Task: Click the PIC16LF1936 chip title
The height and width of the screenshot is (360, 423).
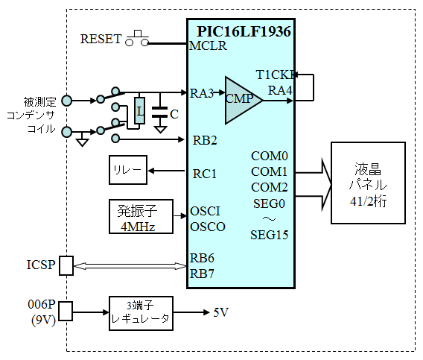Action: coord(244,31)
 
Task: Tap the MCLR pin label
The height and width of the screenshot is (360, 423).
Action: coord(208,45)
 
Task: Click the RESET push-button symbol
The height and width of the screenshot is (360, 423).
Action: coord(137,39)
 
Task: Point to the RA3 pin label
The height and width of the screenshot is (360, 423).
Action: coord(202,93)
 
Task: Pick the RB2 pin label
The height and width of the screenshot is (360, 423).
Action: coord(205,140)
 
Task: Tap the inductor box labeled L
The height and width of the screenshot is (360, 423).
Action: coord(139,111)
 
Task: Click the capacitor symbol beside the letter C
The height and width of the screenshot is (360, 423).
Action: coord(159,113)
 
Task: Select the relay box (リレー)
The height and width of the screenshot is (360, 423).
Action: coord(128,170)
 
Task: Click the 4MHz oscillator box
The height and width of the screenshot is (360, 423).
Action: coord(141,216)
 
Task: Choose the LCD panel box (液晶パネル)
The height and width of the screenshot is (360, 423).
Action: coord(368,183)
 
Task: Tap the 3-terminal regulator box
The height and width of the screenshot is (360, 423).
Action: coord(141,313)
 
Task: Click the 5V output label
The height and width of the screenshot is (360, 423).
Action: coord(220,312)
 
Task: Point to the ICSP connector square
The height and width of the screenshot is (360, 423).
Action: coord(66,266)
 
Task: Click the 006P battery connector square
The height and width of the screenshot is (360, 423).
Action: coord(66,311)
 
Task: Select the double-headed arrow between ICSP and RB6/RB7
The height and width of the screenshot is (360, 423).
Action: coord(130,266)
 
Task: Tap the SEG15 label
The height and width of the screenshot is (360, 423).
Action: coord(270,235)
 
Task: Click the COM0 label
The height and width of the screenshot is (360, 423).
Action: coord(270,156)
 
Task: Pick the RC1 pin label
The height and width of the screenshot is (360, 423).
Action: coord(205,174)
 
